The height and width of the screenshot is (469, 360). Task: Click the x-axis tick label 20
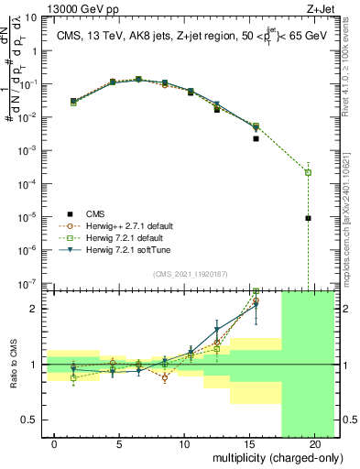click(309, 443)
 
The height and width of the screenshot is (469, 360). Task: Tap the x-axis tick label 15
click(245, 443)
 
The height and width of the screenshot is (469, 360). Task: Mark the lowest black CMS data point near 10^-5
click(308, 218)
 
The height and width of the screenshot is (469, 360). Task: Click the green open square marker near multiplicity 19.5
click(308, 172)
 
